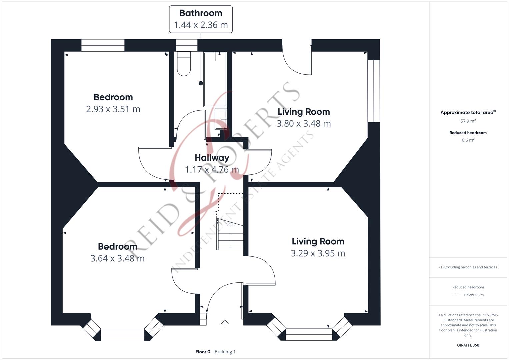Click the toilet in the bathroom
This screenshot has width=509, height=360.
(x=184, y=64)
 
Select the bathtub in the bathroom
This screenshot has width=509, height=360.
(x=215, y=79)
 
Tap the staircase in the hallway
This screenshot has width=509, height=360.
(x=230, y=234)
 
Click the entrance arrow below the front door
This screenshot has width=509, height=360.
(x=225, y=323)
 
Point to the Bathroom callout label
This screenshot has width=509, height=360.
(x=201, y=19)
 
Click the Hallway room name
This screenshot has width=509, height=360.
(x=212, y=158)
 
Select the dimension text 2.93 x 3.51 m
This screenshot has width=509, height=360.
(x=113, y=109)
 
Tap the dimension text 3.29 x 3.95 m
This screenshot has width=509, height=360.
(x=318, y=253)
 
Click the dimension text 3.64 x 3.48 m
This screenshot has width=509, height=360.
(x=117, y=258)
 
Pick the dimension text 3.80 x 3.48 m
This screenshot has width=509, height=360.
(x=304, y=124)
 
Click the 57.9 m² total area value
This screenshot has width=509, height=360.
(x=468, y=121)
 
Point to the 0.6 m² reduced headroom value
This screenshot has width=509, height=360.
(x=468, y=140)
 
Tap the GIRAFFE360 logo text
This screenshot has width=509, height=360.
(x=468, y=345)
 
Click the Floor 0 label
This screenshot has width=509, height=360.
(x=203, y=352)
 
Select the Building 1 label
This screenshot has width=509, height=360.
(x=225, y=352)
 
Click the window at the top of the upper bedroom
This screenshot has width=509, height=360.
(x=103, y=45)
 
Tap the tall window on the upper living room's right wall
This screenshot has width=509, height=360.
(x=374, y=91)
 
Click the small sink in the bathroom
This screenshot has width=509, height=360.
(x=221, y=119)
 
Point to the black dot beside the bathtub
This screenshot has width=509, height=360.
(x=201, y=83)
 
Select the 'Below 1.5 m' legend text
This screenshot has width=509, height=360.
(x=474, y=295)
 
